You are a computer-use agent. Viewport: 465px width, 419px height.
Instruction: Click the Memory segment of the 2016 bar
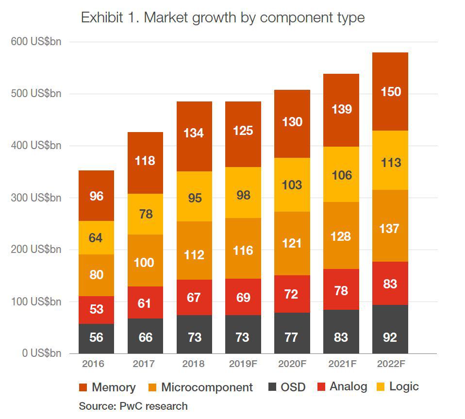[96, 196]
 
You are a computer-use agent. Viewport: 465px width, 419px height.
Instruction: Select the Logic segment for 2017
[145, 214]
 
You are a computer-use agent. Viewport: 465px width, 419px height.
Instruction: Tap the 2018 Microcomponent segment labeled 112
[194, 254]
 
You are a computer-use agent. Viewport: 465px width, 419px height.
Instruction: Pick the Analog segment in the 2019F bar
[243, 297]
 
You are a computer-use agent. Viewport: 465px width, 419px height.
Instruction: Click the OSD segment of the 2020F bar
[292, 336]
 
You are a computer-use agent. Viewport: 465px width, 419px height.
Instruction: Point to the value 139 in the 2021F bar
[341, 109]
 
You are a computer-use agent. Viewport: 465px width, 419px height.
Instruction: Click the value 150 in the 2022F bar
[390, 91]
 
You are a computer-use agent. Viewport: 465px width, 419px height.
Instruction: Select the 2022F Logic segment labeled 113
[390, 162]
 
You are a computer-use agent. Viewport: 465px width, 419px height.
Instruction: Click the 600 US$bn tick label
[36, 42]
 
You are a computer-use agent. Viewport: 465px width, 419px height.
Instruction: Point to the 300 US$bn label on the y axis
[36, 198]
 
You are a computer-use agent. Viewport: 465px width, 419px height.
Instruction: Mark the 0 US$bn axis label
[41, 353]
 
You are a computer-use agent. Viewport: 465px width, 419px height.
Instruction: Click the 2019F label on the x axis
[243, 364]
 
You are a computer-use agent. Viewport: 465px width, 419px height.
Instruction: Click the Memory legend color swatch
[83, 387]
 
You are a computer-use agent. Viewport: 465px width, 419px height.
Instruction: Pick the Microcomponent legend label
[207, 387]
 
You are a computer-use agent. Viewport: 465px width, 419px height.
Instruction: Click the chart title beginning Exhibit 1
[222, 18]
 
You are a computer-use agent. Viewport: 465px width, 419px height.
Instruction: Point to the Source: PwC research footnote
[133, 406]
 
